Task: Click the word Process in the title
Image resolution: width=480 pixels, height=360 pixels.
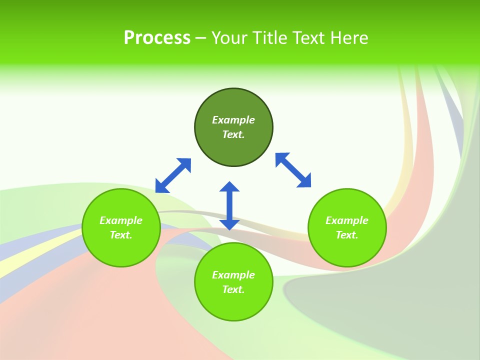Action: pyautogui.click(x=157, y=38)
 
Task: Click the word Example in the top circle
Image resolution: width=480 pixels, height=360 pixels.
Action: pyautogui.click(x=233, y=120)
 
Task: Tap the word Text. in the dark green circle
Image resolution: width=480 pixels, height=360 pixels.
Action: pyautogui.click(x=233, y=134)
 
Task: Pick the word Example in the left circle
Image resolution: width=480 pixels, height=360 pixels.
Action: pyautogui.click(x=121, y=220)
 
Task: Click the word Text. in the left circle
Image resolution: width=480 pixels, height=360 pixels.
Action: pyautogui.click(x=121, y=235)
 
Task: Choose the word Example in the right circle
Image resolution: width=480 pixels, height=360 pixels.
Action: pyautogui.click(x=347, y=220)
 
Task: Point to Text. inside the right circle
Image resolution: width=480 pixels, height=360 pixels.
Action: pyautogui.click(x=347, y=235)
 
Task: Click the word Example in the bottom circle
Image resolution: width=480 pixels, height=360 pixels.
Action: pyautogui.click(x=233, y=275)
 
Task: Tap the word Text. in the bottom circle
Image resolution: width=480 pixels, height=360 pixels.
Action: pyautogui.click(x=233, y=289)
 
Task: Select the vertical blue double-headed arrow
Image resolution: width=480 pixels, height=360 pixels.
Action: pyautogui.click(x=229, y=205)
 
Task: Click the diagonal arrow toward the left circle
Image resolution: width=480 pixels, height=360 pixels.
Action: pyautogui.click(x=173, y=175)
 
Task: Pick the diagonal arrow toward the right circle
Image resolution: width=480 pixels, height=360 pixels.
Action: pyautogui.click(x=293, y=170)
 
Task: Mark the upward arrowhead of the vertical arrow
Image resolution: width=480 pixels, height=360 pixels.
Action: pyautogui.click(x=229, y=187)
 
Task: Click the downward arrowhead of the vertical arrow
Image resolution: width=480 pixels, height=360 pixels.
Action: pyautogui.click(x=229, y=224)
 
